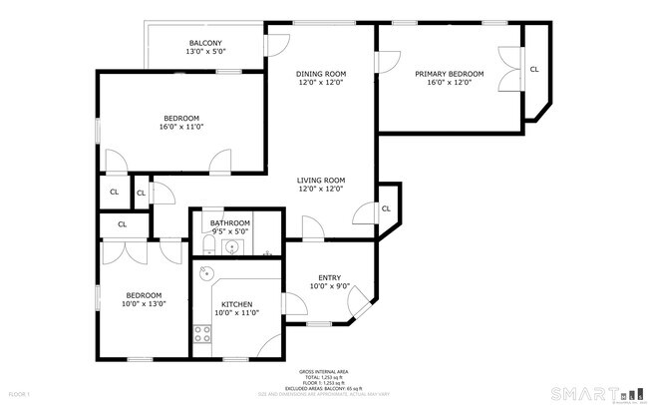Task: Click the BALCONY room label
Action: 205,43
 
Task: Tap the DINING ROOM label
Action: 320,74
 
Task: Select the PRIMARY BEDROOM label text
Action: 449,74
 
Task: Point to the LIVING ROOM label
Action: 320,181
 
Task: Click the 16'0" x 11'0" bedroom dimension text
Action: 181,127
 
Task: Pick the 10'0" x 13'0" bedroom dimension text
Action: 145,303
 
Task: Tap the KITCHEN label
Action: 236,304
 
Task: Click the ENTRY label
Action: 329,278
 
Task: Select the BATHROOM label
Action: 229,222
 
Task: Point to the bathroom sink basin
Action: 233,246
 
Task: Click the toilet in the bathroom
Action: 205,245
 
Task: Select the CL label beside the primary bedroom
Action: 534,69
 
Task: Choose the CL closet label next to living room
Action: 386,207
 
